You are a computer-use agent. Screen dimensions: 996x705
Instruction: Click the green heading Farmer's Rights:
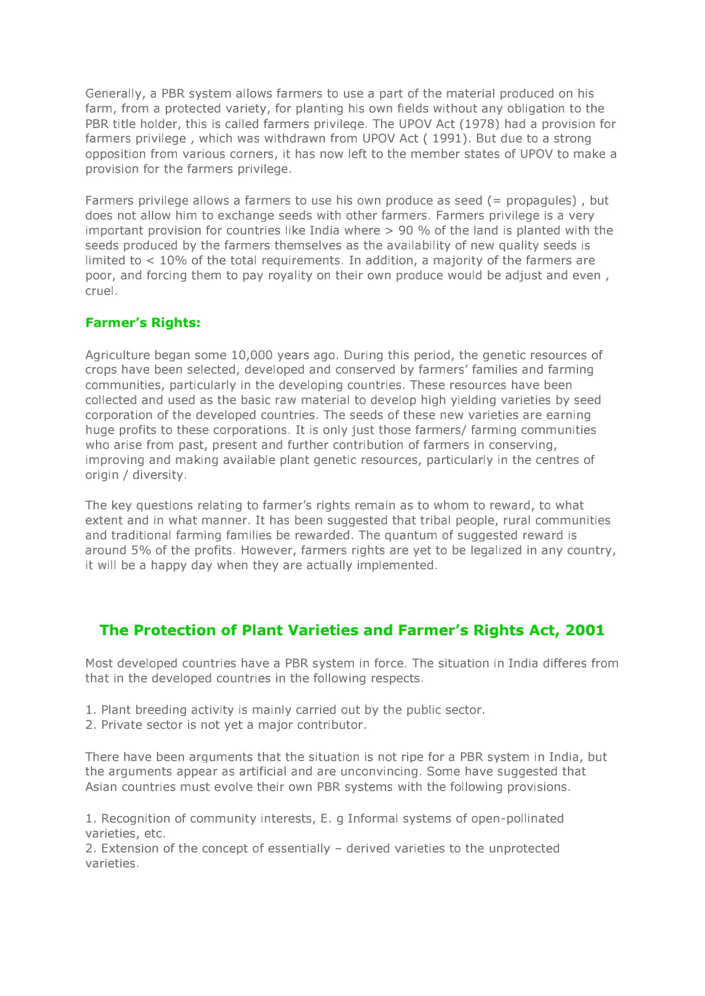[143, 323]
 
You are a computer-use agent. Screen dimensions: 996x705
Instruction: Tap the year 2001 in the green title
[585, 631]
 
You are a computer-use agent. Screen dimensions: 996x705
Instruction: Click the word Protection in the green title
[186, 631]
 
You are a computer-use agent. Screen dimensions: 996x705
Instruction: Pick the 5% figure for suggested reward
[140, 551]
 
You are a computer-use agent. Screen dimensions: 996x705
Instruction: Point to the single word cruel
[100, 292]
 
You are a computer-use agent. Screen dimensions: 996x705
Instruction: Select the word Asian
[102, 788]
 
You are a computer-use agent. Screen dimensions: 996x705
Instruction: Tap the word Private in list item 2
[119, 726]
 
